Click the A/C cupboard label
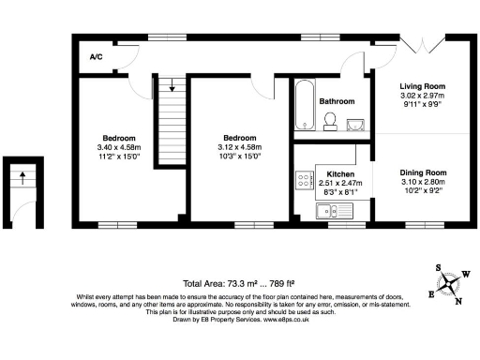coord(96,58)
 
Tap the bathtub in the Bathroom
coord(304,106)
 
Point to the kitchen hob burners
coord(305,180)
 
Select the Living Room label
coord(422,85)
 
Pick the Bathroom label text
coord(337,101)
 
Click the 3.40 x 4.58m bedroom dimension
coord(118,147)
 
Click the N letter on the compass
coord(459,301)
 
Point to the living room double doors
coord(421,47)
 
